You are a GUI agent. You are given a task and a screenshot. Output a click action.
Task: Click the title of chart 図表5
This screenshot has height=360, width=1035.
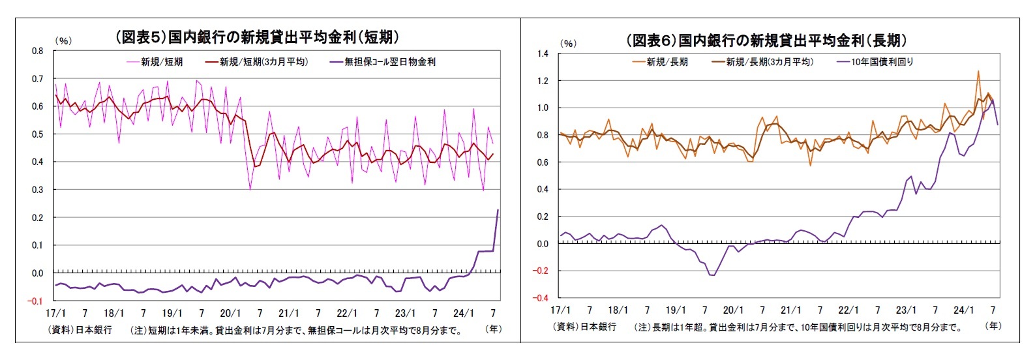[x=257, y=37]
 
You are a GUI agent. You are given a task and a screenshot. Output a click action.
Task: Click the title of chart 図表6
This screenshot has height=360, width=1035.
[x=766, y=40]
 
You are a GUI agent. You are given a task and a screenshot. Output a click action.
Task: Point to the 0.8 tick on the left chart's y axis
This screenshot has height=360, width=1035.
[x=38, y=51]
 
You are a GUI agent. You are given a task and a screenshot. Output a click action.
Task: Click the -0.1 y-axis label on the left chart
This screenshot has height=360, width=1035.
[x=36, y=301]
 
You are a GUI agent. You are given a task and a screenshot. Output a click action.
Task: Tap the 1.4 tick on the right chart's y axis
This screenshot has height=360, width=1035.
[x=543, y=53]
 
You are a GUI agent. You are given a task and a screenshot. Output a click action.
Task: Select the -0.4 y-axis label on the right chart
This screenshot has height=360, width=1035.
[x=541, y=298]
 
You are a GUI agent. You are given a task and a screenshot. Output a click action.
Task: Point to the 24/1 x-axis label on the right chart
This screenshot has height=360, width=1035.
[x=963, y=310]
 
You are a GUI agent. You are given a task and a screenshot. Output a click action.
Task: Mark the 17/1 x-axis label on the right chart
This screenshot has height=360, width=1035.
[x=561, y=310]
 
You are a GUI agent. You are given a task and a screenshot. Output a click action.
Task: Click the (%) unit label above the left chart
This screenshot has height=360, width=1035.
[x=63, y=40]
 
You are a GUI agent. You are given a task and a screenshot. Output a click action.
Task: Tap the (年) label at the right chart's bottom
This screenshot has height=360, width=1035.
[x=993, y=325]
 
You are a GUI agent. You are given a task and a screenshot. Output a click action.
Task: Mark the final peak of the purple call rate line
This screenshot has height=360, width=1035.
[x=498, y=210]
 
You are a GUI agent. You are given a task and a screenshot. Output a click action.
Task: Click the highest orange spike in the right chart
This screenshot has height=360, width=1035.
[x=978, y=71]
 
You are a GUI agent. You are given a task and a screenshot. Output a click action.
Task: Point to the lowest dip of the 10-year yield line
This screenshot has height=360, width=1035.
[x=712, y=275]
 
